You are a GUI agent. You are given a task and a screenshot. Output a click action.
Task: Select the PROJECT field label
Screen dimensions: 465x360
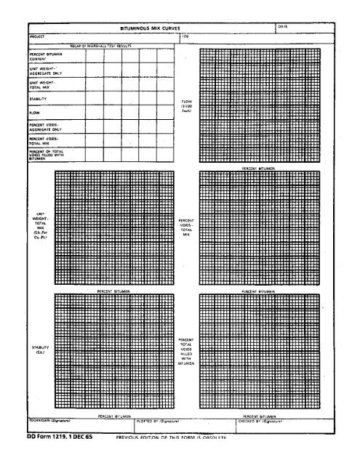coord(36,34)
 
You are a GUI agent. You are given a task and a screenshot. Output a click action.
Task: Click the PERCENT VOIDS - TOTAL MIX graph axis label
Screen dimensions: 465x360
coord(185,225)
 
